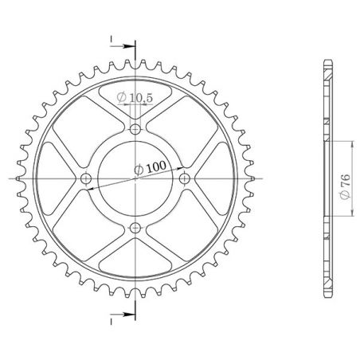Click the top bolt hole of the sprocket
(x=135, y=129)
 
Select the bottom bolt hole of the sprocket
(x=135, y=229)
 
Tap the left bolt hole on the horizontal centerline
(x=85, y=179)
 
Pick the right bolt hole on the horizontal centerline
(x=185, y=179)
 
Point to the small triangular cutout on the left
(x=61, y=179)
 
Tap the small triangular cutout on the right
(x=210, y=179)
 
